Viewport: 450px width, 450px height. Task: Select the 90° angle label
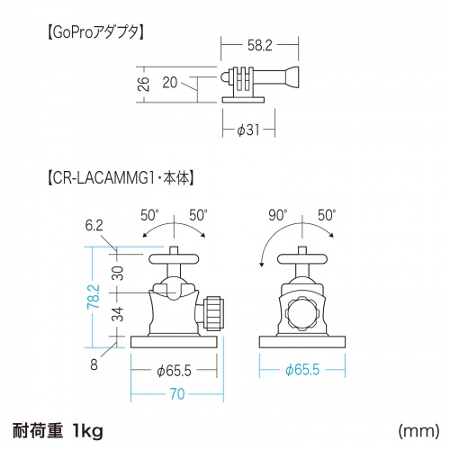click(277, 215)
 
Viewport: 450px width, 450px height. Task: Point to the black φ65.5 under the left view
click(175, 369)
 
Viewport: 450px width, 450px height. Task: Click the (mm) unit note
click(414, 431)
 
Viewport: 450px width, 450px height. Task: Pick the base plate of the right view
click(303, 342)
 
